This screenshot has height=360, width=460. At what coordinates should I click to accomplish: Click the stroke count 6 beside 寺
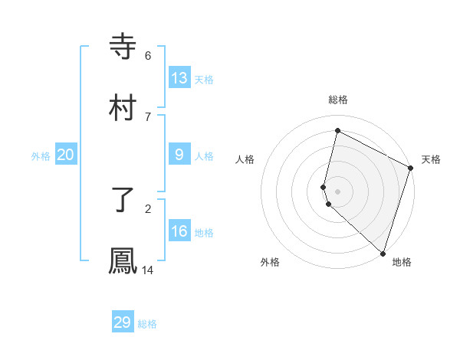click(x=148, y=55)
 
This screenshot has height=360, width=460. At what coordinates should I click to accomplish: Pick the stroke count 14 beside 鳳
click(x=148, y=270)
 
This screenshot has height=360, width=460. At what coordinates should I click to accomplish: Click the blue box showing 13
click(x=179, y=78)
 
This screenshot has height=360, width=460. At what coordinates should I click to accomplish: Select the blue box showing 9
click(x=179, y=155)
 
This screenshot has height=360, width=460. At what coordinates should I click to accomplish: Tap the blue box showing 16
click(x=179, y=231)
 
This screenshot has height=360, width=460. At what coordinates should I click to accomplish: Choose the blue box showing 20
click(x=66, y=155)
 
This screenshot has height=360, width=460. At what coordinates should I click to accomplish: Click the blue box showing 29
click(x=123, y=322)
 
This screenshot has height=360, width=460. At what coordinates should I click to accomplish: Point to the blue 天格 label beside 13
click(x=203, y=80)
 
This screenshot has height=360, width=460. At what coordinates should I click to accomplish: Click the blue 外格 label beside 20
click(x=41, y=156)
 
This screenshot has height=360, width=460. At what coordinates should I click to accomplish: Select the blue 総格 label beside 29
click(x=147, y=324)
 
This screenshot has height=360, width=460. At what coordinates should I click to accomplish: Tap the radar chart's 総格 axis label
click(x=338, y=100)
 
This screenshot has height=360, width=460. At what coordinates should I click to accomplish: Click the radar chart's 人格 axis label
click(x=245, y=159)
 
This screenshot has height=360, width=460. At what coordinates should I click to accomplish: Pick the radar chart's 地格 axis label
click(x=402, y=262)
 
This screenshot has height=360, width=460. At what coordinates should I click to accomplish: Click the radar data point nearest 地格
click(x=383, y=253)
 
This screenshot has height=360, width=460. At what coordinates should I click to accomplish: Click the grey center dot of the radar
click(x=338, y=191)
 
